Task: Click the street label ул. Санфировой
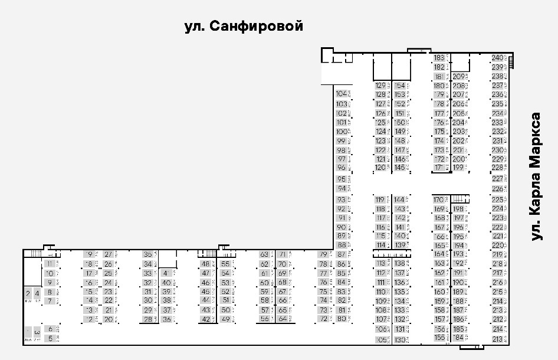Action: pyautogui.click(x=244, y=27)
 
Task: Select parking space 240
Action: pyautogui.click(x=497, y=58)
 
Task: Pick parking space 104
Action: pyautogui.click(x=342, y=94)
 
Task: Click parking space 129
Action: pyautogui.click(x=380, y=86)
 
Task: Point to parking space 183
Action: pyautogui.click(x=439, y=58)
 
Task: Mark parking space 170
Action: pyautogui.click(x=439, y=199)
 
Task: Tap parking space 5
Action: pyautogui.click(x=51, y=338)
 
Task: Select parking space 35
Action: pyautogui.click(x=148, y=254)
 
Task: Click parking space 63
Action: pyautogui.click(x=264, y=254)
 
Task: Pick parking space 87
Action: pyautogui.click(x=342, y=254)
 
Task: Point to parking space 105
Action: pyautogui.click(x=380, y=340)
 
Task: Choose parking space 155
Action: pyautogui.click(x=439, y=338)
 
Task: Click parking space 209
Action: pyautogui.click(x=458, y=77)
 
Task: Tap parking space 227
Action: pyautogui.click(x=497, y=178)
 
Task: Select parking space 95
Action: pyautogui.click(x=342, y=179)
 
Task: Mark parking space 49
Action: pyautogui.click(x=225, y=319)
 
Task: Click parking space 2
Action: pyautogui.click(x=28, y=293)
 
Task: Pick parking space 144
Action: pyautogui.click(x=400, y=199)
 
